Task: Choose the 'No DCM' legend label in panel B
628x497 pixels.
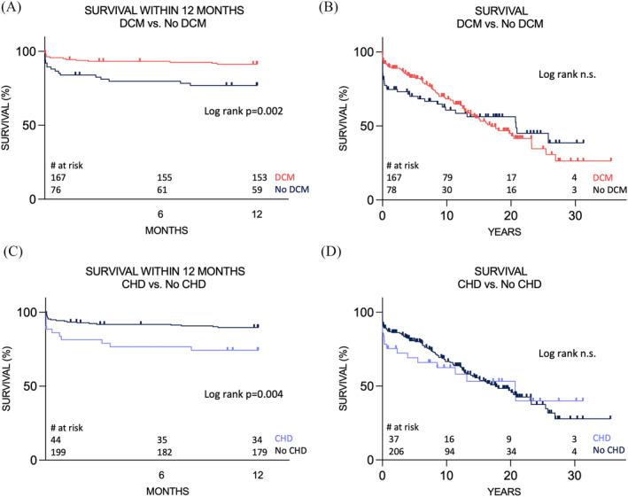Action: coord(608,190)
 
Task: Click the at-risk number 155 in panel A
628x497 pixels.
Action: coord(161,176)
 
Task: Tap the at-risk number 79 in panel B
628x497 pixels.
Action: coord(447,177)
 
